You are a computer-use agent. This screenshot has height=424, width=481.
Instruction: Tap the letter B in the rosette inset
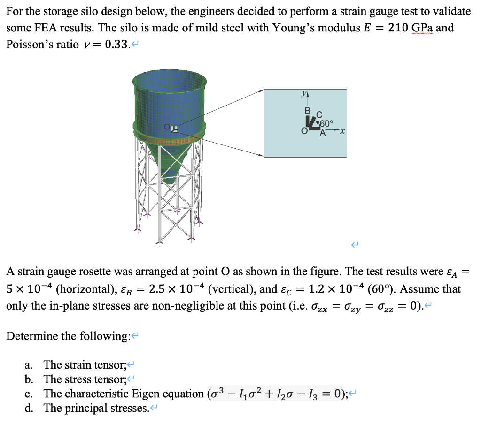[308, 111]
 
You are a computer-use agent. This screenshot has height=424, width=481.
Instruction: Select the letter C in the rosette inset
[319, 114]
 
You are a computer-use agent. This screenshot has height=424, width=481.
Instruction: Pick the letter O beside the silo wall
[167, 127]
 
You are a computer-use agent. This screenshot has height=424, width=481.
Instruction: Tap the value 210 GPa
[414, 27]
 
